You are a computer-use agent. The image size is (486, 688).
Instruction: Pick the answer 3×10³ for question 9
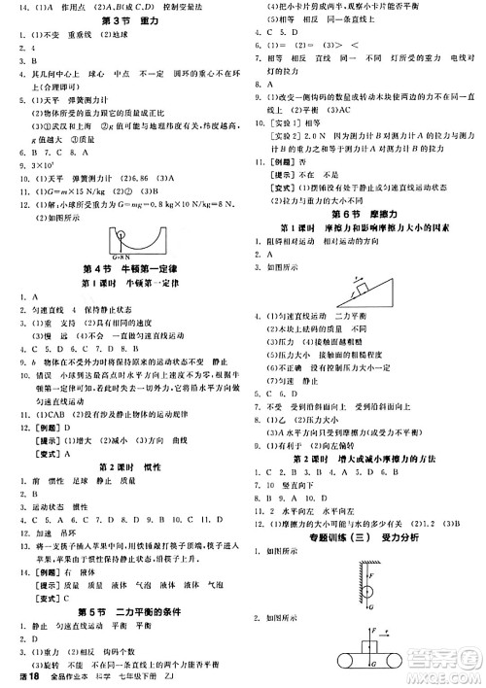(39, 164)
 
